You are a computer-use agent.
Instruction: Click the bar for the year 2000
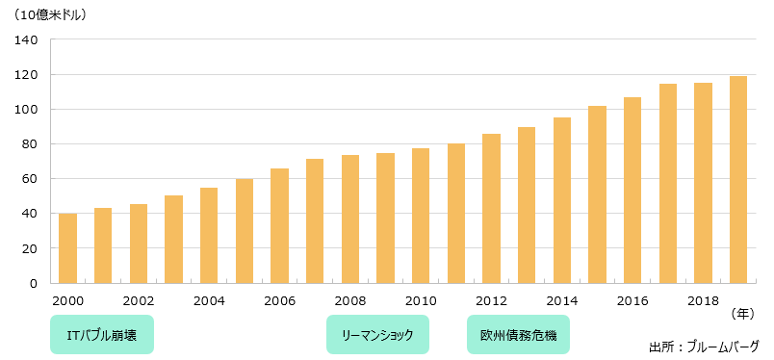coord(67,248)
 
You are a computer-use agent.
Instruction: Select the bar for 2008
coord(350,219)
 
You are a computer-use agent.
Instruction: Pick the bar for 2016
coord(632,190)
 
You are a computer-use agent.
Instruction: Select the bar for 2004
coord(209,235)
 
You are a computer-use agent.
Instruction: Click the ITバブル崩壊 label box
coord(101,335)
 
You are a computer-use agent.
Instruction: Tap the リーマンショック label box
coord(377,335)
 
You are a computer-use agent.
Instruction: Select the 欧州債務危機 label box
coord(518,335)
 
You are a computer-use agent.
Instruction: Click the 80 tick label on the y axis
coord(30,144)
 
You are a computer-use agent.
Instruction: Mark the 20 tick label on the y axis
coord(30,248)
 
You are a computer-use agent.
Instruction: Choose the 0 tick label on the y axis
coord(34,283)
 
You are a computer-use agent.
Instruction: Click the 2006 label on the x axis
coord(280,300)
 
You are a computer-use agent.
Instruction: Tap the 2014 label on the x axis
coord(561,300)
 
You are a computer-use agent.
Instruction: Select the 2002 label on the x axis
coord(139,300)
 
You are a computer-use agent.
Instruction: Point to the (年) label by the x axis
coord(743,314)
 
